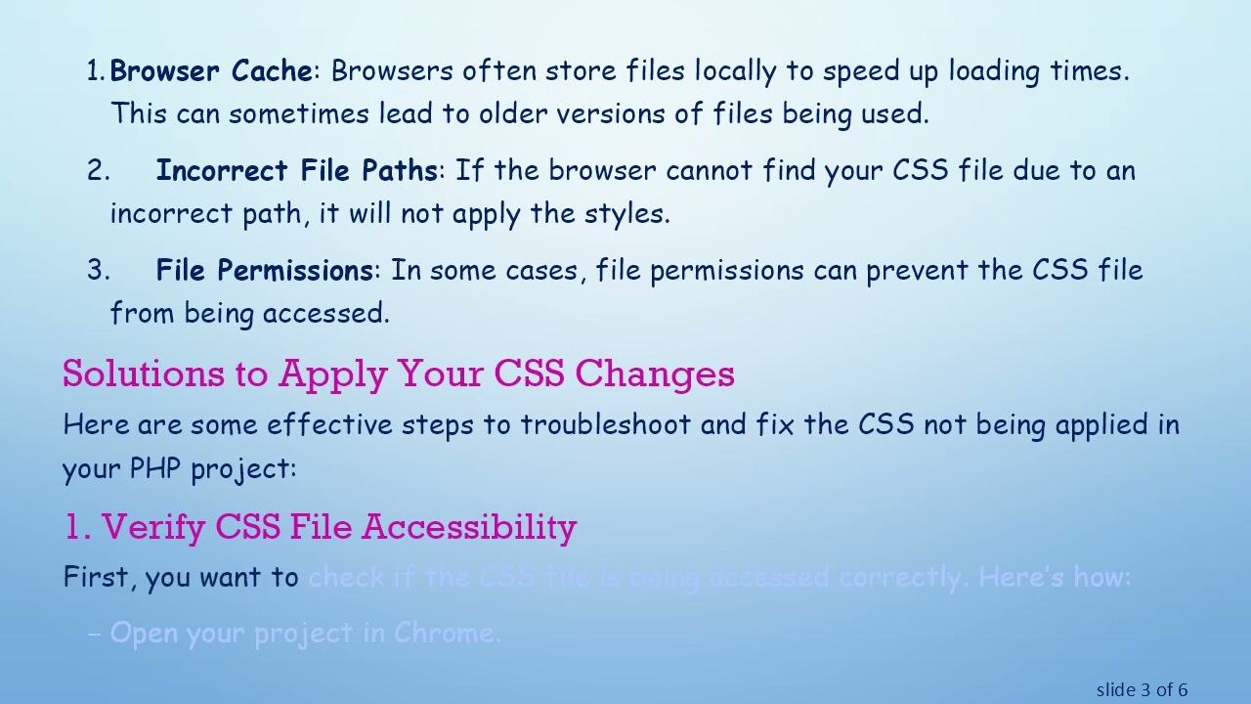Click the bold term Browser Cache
pos(211,71)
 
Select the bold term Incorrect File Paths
pos(296,171)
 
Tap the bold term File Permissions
pos(264,271)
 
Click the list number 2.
pos(98,171)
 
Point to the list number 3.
pos(98,271)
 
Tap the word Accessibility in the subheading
pos(469,527)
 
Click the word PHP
pos(155,468)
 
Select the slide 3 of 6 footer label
pos(1142,690)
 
